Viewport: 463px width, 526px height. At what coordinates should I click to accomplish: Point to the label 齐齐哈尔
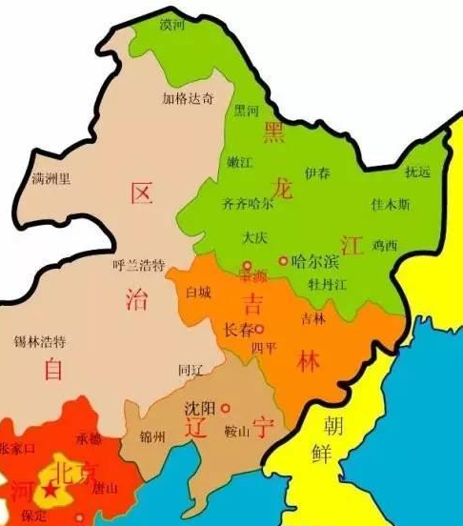pyautogui.click(x=248, y=203)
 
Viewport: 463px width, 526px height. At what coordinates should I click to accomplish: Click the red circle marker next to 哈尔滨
pyautogui.click(x=283, y=259)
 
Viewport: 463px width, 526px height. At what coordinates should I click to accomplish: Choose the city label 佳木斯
pyautogui.click(x=391, y=204)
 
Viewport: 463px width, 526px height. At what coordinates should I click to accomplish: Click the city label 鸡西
pyautogui.click(x=385, y=245)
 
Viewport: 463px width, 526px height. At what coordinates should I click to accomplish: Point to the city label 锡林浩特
pyautogui.click(x=40, y=340)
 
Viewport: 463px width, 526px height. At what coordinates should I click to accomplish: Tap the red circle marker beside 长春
pyautogui.click(x=259, y=328)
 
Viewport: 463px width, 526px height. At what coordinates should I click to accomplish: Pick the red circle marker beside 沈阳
pyautogui.click(x=226, y=407)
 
